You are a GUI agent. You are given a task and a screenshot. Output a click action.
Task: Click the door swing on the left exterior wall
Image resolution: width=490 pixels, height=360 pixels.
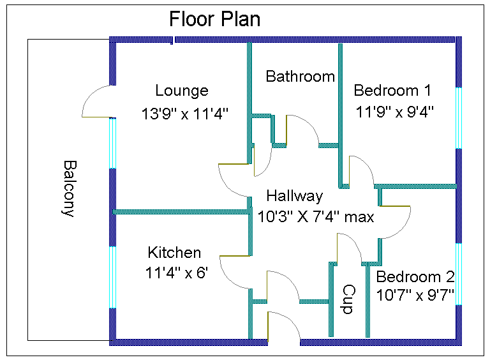tap(97, 102)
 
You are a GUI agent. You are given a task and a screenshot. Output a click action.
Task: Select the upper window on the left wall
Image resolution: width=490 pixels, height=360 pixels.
tap(113, 143)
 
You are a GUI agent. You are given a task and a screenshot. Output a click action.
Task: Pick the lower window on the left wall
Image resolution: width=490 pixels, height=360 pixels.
tap(113, 277)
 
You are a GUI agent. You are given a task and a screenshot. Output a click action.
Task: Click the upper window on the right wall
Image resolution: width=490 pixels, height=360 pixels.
tap(458, 118)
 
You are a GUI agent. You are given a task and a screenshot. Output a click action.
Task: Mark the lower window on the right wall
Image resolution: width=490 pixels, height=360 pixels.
tap(458, 274)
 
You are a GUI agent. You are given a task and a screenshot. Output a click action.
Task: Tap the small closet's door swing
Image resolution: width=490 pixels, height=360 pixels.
tap(262, 161)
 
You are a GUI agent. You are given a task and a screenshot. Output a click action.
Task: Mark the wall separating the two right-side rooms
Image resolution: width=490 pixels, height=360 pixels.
tap(418, 186)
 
